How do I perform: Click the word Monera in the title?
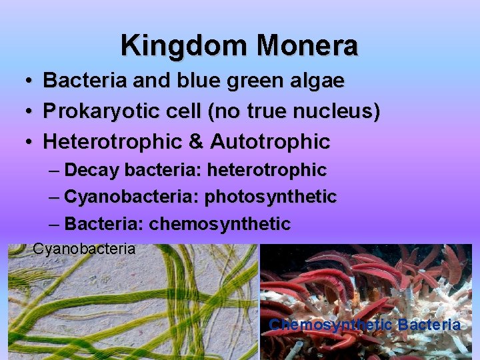[308, 45]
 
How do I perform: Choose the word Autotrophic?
[270, 142]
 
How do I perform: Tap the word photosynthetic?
[270, 197]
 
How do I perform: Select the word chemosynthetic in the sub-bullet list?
[220, 224]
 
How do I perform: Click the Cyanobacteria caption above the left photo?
[84, 249]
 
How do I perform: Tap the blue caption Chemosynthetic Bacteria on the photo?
[364, 325]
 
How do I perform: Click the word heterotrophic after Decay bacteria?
[267, 170]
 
